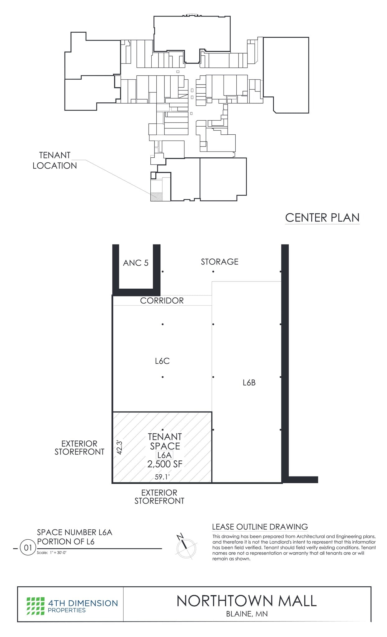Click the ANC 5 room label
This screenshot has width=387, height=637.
[x=135, y=263]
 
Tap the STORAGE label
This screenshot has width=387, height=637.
[x=219, y=262]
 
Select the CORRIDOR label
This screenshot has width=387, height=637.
[x=162, y=300]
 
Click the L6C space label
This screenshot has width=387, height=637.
[x=162, y=361]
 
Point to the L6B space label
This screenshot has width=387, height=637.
[x=249, y=383]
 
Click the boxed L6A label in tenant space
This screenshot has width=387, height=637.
[x=164, y=455]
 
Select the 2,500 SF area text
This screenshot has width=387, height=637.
[x=165, y=464]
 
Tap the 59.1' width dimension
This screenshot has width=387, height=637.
[x=162, y=477]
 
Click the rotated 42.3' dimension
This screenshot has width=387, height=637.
[x=119, y=447]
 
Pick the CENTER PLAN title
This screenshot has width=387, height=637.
[x=322, y=218]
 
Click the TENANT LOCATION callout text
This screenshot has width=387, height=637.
[x=55, y=160]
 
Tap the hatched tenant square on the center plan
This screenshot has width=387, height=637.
[x=156, y=197]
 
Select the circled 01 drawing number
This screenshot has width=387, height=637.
[x=28, y=547]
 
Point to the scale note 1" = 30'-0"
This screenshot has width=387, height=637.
[x=52, y=553]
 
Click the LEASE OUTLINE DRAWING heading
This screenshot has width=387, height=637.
[x=260, y=527]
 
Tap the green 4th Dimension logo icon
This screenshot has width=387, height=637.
[x=35, y=606]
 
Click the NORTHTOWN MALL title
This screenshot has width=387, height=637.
[x=247, y=601]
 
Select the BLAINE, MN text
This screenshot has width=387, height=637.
[x=247, y=614]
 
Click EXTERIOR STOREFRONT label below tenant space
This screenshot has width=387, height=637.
[x=159, y=497]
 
